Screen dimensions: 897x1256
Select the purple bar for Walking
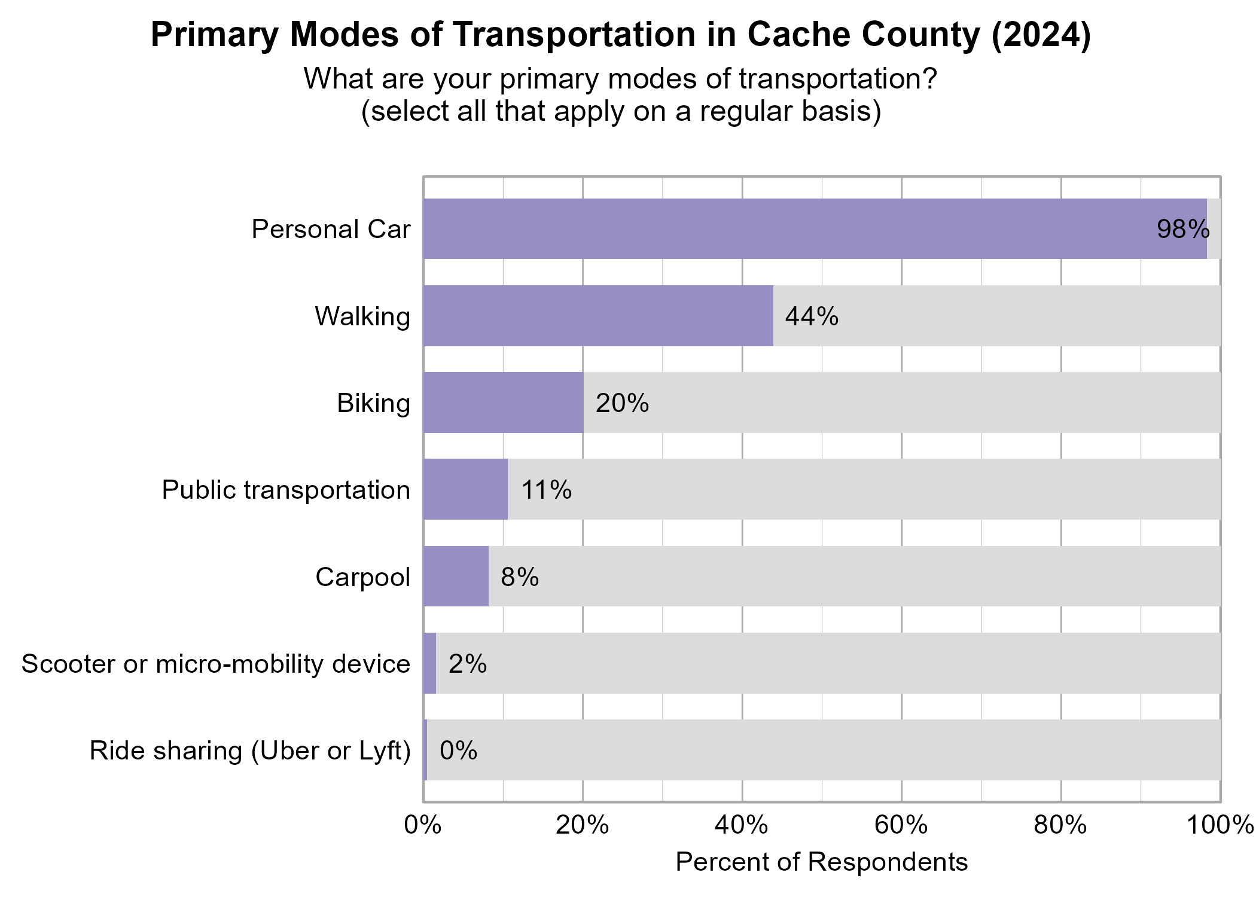[598, 316]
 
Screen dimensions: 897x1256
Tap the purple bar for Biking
[503, 402]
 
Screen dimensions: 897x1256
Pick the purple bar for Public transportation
[465, 489]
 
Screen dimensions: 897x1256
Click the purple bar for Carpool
[456, 576]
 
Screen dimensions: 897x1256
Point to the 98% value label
[1182, 230]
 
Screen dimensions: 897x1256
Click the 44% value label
[812, 316]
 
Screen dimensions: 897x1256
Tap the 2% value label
[467, 664]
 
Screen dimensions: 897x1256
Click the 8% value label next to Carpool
[519, 577]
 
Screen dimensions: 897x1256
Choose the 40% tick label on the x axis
[742, 825]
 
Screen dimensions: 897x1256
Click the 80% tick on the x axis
[1060, 825]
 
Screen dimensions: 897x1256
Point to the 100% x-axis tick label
[1219, 825]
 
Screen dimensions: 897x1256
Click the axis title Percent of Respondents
[821, 862]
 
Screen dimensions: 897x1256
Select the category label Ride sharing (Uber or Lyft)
[250, 751]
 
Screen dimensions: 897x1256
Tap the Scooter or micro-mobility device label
[216, 664]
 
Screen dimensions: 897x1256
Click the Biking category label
[373, 403]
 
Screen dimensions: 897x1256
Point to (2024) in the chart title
[1041, 35]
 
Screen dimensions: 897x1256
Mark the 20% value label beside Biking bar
[622, 404]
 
